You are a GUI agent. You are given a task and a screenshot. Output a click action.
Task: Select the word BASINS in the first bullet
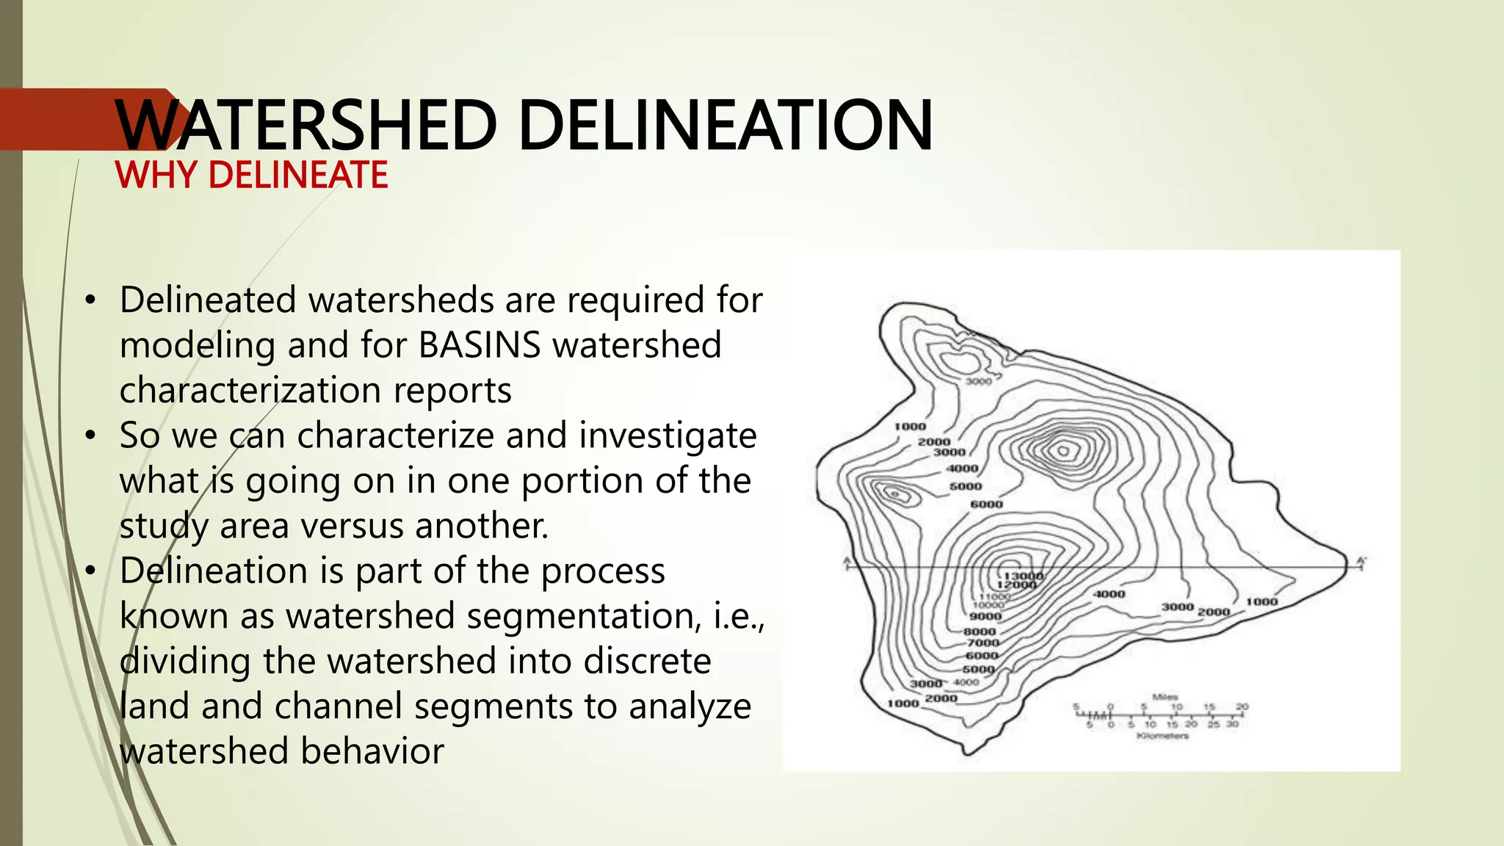pyautogui.click(x=480, y=345)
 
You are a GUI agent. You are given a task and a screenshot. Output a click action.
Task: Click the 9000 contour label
pyautogui.click(x=986, y=617)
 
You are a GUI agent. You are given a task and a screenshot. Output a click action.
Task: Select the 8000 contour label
pyautogui.click(x=980, y=632)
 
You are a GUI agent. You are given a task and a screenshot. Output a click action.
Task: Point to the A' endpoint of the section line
pyautogui.click(x=1361, y=563)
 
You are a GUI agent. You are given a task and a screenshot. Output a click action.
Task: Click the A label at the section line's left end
pyautogui.click(x=847, y=563)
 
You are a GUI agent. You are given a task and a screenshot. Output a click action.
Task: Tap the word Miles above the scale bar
pyautogui.click(x=1165, y=696)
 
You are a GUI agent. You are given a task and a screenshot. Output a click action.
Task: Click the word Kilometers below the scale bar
pyautogui.click(x=1162, y=735)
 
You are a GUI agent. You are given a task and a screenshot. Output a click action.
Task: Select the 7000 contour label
pyautogui.click(x=983, y=643)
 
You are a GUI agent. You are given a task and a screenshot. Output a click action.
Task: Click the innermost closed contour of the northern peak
pyautogui.click(x=1063, y=451)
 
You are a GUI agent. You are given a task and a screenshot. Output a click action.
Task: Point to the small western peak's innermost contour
pyautogui.click(x=895, y=494)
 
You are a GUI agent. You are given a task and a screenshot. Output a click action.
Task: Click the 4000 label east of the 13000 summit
pyautogui.click(x=1109, y=594)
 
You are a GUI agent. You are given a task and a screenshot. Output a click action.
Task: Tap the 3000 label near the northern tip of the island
pyautogui.click(x=978, y=381)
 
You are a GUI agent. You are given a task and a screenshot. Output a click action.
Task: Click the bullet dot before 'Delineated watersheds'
pyautogui.click(x=90, y=300)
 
